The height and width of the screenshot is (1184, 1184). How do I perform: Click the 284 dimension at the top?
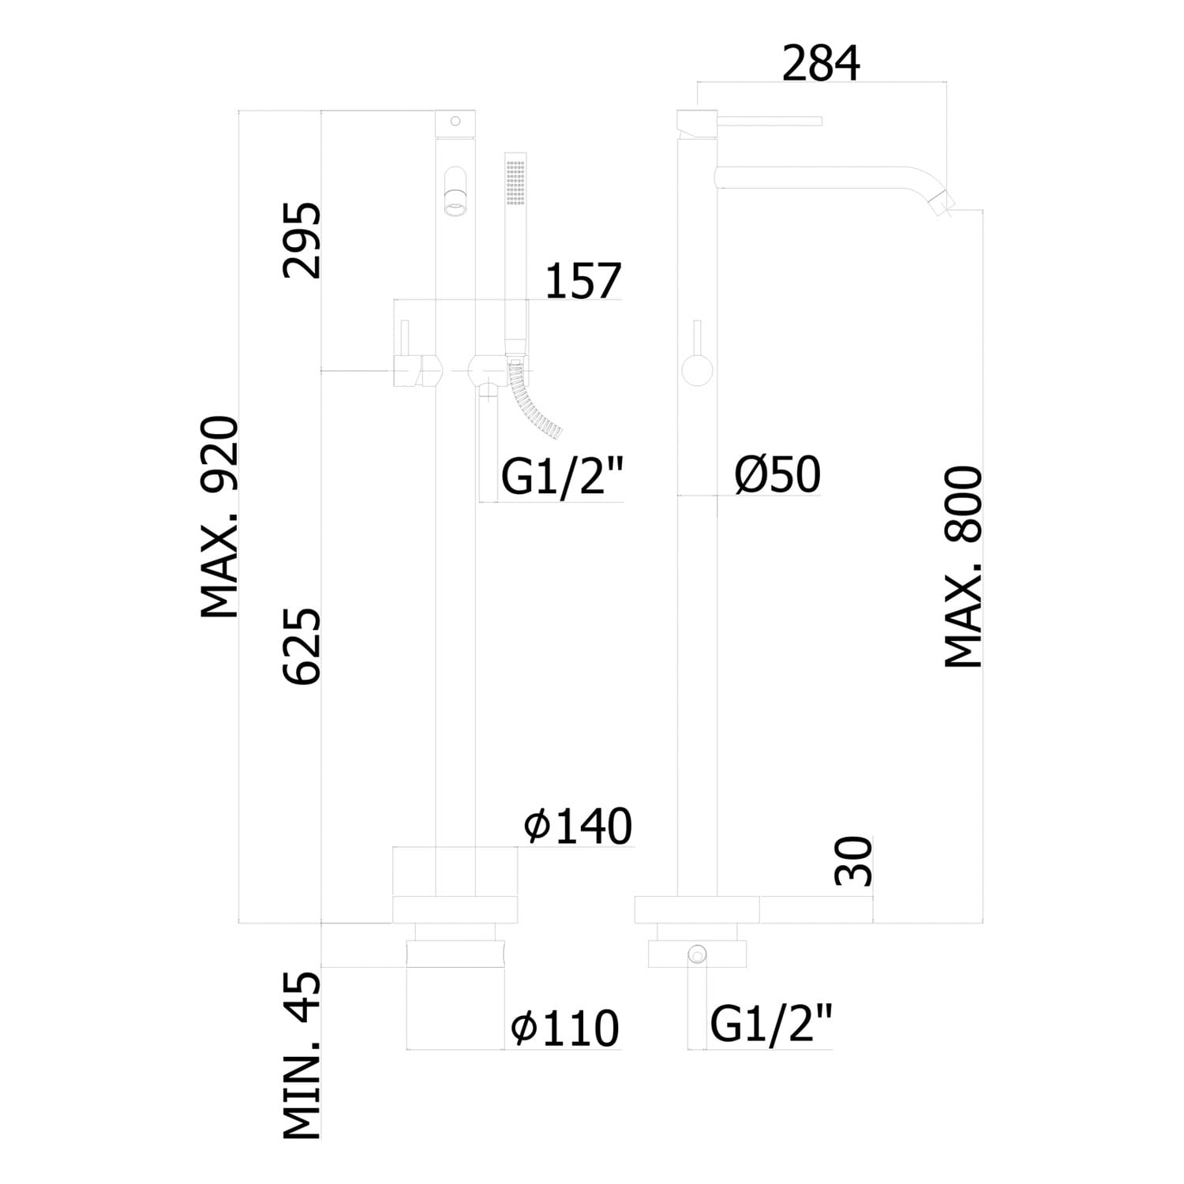coord(821,64)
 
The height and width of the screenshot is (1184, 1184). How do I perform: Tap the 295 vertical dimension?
coord(303,241)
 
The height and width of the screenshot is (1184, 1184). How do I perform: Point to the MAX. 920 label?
coord(219,518)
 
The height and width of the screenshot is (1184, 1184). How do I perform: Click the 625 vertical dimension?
coord(303,646)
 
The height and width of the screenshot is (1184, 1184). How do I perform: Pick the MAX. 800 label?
coord(964,568)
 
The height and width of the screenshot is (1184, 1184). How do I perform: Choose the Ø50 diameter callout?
coord(778,475)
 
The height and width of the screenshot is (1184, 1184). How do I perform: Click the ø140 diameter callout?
coord(579,826)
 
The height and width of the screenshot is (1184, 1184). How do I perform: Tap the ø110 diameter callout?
coord(565,1029)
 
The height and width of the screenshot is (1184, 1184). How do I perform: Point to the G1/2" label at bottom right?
coord(771,1024)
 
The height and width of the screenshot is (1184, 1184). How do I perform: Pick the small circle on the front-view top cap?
coord(455,121)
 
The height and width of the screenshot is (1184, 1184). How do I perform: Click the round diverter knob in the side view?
coord(697,369)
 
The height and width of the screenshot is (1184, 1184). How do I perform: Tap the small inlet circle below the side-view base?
coord(697,954)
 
